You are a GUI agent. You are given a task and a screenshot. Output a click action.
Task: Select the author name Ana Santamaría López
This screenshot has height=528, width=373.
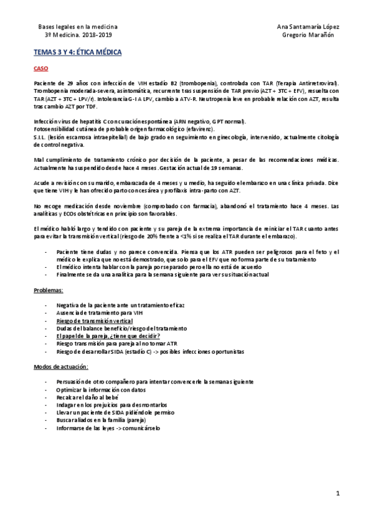click(x=308, y=28)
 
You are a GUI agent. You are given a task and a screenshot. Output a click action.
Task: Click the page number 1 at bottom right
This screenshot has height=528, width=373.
click(x=337, y=494)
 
